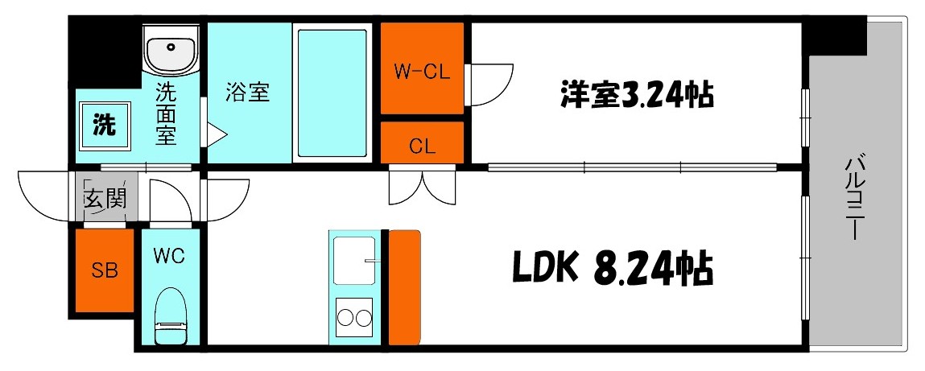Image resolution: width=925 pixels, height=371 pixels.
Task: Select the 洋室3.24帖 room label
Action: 635,95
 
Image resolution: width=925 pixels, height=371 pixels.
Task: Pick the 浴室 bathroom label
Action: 247,93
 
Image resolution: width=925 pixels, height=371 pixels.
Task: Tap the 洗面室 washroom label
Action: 165,113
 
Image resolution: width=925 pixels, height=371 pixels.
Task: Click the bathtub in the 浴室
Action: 332,93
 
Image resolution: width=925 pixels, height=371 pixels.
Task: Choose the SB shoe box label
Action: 105,270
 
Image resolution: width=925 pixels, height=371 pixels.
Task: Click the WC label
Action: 170,257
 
